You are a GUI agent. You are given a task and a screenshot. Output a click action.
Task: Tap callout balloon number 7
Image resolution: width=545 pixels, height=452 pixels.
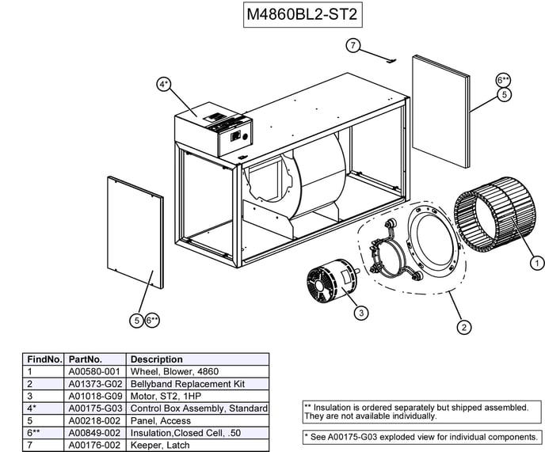click(353, 45)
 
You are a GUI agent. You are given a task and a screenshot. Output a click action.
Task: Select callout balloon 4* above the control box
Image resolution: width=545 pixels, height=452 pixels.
click(164, 84)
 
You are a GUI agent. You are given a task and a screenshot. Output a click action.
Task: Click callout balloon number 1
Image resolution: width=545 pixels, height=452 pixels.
click(536, 264)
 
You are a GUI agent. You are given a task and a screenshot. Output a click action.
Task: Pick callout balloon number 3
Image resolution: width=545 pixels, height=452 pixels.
click(360, 313)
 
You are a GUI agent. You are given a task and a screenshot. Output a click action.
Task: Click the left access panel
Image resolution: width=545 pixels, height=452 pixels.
click(135, 231)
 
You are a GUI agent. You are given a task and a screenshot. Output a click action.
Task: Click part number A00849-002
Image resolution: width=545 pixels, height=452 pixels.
click(93, 432)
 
